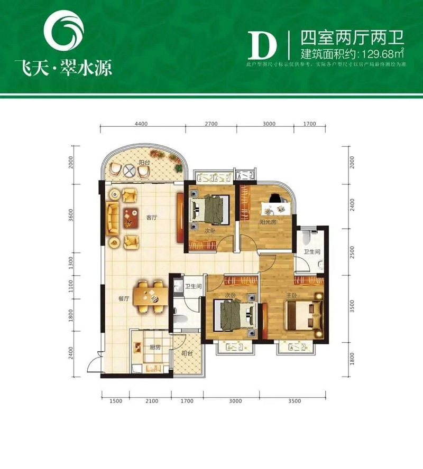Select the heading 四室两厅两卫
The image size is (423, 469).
coord(352,37)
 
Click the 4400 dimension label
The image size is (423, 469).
coord(141,124)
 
